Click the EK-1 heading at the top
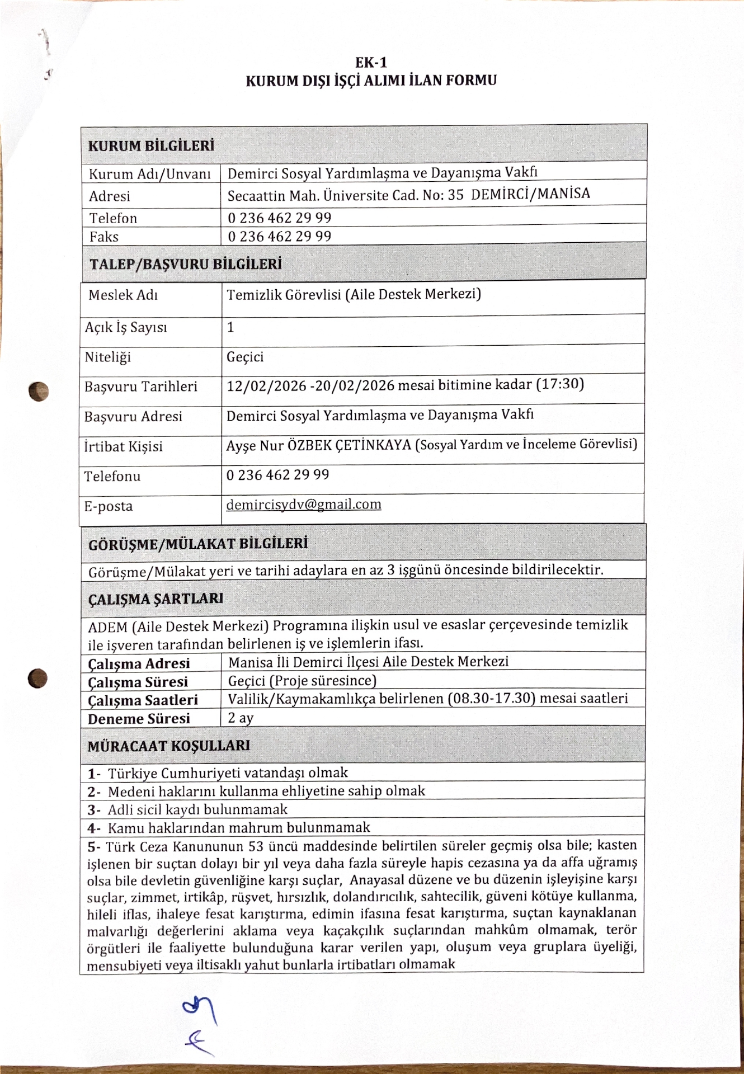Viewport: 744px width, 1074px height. [x=371, y=63]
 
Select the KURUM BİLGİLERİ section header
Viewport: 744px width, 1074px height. [x=151, y=146]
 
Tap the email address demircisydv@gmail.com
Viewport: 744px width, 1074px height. [x=304, y=505]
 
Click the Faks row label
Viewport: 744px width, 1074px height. [x=104, y=237]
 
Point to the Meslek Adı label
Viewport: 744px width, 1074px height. [x=123, y=295]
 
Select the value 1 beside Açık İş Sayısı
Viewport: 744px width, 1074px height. [x=230, y=327]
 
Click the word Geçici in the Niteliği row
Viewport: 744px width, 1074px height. [x=245, y=357]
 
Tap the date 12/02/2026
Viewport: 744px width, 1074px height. [x=266, y=386]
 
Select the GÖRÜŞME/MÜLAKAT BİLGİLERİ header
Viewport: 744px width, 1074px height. [x=198, y=544]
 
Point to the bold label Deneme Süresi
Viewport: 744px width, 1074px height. [x=139, y=719]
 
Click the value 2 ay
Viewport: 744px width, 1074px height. [x=241, y=718]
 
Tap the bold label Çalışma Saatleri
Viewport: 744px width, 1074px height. [x=143, y=700]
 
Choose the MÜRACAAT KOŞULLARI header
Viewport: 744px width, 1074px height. [x=168, y=746]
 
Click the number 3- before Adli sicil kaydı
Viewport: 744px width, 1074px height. [x=93, y=809]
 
